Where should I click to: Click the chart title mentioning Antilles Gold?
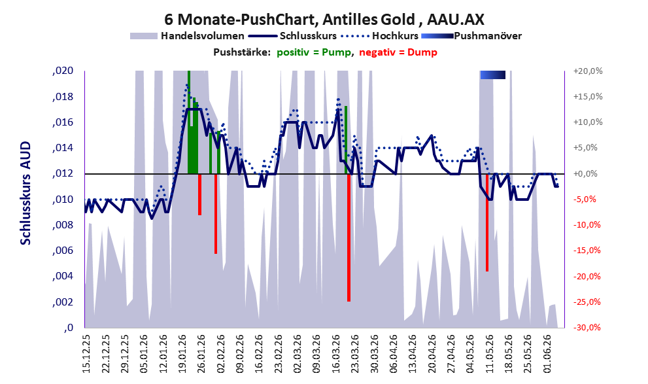(324, 19)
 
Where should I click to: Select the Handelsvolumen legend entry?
(187, 36)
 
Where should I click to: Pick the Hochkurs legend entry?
(380, 36)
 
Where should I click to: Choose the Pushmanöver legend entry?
(471, 36)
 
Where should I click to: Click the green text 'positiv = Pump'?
(314, 52)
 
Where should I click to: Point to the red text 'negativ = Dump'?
(398, 52)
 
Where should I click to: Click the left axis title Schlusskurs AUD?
(26, 193)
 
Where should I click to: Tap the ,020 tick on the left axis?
(63, 71)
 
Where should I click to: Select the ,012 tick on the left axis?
(63, 173)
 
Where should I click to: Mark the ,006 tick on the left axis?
(63, 251)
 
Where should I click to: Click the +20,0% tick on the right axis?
(588, 71)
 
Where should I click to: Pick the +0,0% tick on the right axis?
(586, 173)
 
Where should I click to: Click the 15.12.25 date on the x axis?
(86, 354)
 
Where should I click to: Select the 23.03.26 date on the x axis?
(355, 354)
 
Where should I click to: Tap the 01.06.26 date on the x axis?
(547, 354)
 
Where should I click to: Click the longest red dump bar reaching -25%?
(349, 237)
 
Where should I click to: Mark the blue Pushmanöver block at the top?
(492, 75)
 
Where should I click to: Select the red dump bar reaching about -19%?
(487, 223)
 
